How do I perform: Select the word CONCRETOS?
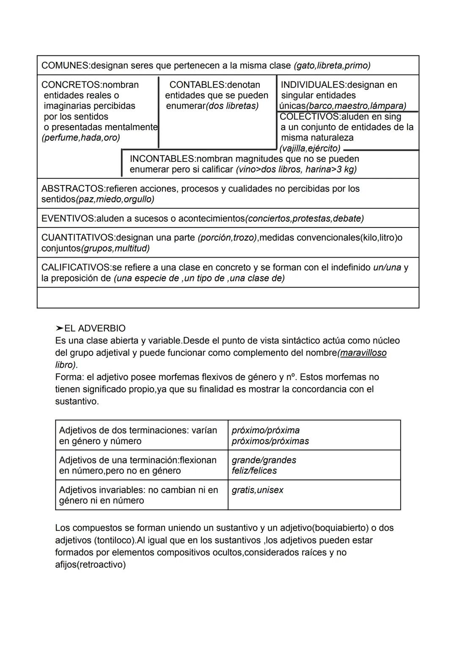point(72,85)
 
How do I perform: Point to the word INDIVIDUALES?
point(313,85)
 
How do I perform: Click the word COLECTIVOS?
point(309,116)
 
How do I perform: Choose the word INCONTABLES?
point(161,159)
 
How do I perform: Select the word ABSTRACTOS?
point(72,189)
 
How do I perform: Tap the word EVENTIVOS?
point(68,219)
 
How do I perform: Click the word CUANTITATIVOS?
point(77,238)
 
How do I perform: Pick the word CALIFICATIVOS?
point(75,268)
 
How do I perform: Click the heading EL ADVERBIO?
point(95,328)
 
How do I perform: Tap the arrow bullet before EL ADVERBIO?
point(59,328)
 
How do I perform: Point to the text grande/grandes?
point(264,460)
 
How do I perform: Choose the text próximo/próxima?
point(265,430)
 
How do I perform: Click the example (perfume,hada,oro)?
point(80,138)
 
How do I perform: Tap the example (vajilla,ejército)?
point(310,148)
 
